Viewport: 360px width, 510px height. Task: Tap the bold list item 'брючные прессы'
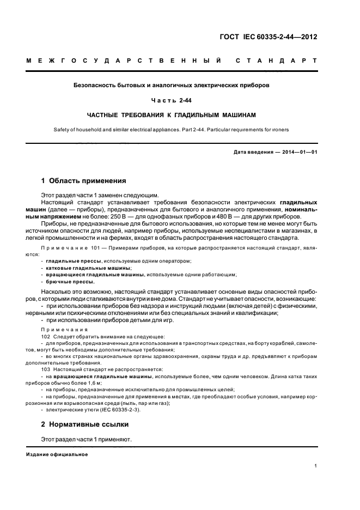[x=70, y=282]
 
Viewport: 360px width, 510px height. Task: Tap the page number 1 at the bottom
[x=316, y=466]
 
